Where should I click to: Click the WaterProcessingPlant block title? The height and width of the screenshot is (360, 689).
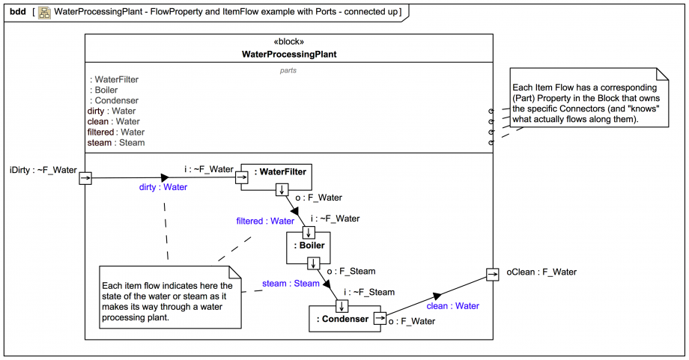click(x=289, y=54)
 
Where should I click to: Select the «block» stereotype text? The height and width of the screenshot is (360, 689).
click(x=289, y=42)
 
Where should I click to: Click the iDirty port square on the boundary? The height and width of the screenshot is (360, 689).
click(x=85, y=178)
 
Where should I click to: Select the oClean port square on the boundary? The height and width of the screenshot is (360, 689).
click(x=492, y=274)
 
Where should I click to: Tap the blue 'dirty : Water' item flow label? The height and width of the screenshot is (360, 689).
click(x=163, y=187)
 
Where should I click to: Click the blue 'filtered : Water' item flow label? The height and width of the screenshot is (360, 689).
click(x=265, y=221)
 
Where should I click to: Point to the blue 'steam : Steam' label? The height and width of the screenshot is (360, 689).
click(x=291, y=284)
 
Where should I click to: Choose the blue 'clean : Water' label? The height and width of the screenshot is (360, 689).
click(x=452, y=305)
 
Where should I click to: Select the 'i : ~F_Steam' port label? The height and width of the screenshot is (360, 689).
click(x=369, y=292)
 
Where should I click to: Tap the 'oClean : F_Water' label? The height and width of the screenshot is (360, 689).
click(x=541, y=272)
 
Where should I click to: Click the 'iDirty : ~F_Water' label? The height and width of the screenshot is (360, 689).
click(x=43, y=170)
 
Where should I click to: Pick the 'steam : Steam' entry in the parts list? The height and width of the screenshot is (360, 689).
click(x=116, y=142)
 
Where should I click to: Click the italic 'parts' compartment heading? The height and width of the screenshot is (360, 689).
click(x=288, y=70)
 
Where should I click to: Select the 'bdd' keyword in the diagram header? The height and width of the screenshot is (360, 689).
click(x=18, y=12)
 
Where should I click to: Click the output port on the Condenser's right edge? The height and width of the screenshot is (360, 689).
click(x=379, y=319)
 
